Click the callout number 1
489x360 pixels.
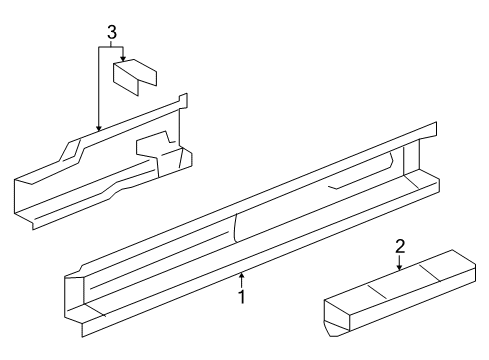242,297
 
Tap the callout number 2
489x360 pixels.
400,246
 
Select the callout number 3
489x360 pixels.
112,33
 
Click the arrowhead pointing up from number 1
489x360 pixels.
242,275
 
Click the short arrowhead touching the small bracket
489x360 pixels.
123,59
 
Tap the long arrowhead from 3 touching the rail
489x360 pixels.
98,127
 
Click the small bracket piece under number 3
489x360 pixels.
135,76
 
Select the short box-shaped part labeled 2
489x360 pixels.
400,293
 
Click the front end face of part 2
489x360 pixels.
337,317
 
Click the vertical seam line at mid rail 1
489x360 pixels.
235,228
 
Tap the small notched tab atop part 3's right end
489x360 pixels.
183,100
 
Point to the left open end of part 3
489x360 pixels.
24,200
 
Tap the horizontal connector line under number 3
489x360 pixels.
111,47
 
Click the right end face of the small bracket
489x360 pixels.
147,77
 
